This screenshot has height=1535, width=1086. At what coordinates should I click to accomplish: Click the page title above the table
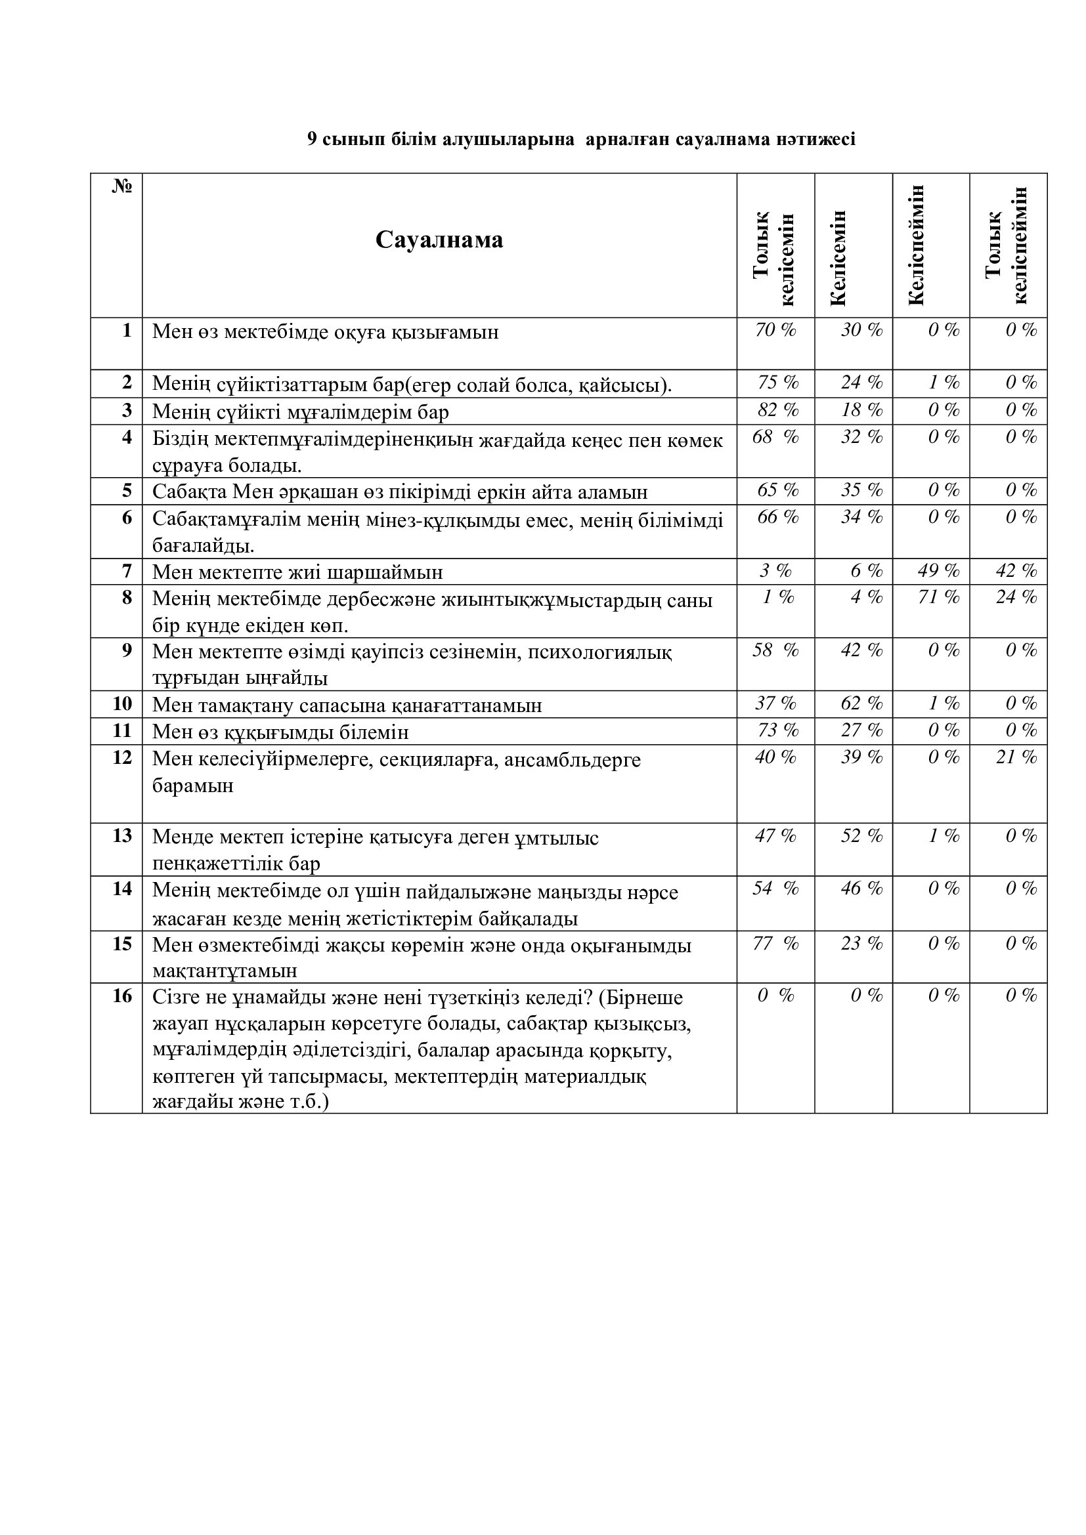click(581, 139)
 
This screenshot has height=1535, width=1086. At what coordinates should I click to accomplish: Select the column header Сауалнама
click(439, 240)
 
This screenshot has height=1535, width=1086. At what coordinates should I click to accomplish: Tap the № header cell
click(121, 186)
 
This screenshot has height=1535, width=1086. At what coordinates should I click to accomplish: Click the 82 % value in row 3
click(777, 410)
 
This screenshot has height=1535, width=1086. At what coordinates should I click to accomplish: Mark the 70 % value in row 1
click(775, 329)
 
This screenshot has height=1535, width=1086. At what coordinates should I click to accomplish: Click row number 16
click(122, 996)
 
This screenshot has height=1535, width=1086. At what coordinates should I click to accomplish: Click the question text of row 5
click(400, 492)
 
